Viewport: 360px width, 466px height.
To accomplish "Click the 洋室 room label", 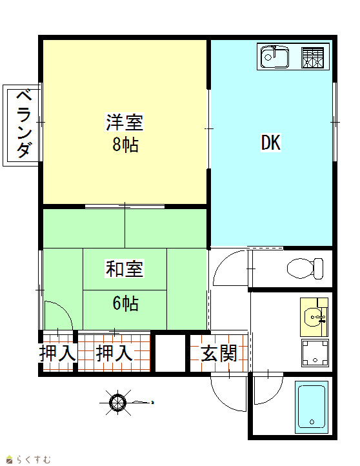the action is [x=125, y=122].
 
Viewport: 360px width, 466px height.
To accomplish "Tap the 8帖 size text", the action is [x=125, y=145].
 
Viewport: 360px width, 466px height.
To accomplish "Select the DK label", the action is [x=270, y=143].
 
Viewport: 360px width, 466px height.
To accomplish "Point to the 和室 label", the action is [x=125, y=268].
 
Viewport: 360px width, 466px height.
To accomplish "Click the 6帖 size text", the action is [x=125, y=303].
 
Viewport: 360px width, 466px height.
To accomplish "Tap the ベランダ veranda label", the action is [x=24, y=124].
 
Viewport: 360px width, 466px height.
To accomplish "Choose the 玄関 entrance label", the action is [x=219, y=353].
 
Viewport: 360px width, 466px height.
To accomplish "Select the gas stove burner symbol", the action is [x=312, y=57].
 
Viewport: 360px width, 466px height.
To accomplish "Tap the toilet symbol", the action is [x=305, y=268].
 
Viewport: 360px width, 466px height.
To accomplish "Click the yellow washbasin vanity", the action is [x=314, y=317].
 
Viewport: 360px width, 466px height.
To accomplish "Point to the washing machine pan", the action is [x=315, y=353].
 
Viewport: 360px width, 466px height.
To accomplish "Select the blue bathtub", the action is [x=312, y=407].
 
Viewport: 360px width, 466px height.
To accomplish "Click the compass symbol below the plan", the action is [x=118, y=403].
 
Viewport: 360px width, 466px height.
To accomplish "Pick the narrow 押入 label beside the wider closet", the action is [x=57, y=353].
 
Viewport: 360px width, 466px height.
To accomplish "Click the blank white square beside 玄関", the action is [x=170, y=353].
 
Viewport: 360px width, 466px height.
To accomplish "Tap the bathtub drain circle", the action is [x=312, y=421].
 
